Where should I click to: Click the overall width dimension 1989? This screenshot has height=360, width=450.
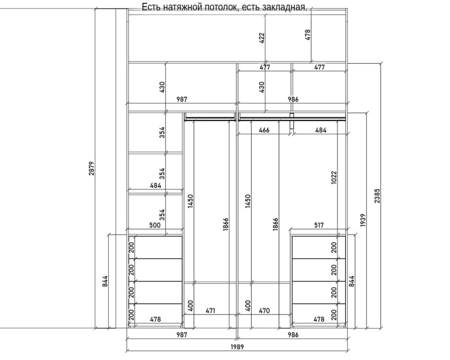click(x=237, y=347)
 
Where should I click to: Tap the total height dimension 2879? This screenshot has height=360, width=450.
click(x=91, y=169)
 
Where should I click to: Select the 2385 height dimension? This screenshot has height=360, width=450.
click(x=377, y=196)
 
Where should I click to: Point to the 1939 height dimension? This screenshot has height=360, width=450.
click(x=363, y=220)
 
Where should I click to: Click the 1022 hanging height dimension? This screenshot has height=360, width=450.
click(x=333, y=178)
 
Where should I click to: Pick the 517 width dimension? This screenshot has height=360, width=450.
click(x=319, y=225)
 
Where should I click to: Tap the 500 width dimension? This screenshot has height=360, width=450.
click(x=155, y=225)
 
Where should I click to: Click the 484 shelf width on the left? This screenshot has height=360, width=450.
click(x=156, y=185)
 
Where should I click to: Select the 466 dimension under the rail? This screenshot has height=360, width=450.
click(x=264, y=130)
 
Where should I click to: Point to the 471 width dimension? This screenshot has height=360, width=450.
click(x=210, y=311)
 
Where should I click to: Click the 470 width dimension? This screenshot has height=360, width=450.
click(x=264, y=311)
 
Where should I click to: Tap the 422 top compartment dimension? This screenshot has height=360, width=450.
click(x=262, y=38)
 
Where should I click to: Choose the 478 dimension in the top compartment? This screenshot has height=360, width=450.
click(x=308, y=35)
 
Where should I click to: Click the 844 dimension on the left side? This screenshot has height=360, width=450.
click(x=105, y=281)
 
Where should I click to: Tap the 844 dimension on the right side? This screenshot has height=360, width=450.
click(x=352, y=281)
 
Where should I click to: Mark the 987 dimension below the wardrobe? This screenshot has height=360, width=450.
click(x=181, y=335)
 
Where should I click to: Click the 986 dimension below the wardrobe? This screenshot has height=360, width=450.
click(x=293, y=335)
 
